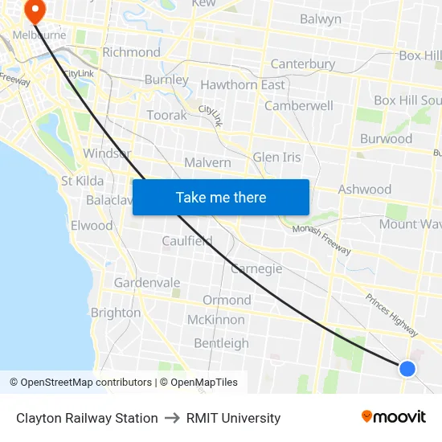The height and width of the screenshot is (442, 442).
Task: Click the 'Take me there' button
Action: [x=221, y=197]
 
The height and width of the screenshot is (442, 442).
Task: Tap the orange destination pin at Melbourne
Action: [x=35, y=10]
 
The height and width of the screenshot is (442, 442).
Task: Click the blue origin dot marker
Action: [x=407, y=368]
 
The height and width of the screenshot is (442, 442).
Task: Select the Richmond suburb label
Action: [x=132, y=52]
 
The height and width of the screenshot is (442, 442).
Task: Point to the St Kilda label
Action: [x=83, y=181]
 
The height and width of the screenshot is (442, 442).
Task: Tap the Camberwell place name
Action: [x=298, y=105]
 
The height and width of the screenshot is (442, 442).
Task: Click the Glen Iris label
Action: [x=276, y=158]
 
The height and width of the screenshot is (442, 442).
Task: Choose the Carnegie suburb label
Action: [x=256, y=268]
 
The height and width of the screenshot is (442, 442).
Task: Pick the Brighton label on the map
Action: [x=116, y=313]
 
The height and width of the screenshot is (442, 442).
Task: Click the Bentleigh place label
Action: [x=222, y=343]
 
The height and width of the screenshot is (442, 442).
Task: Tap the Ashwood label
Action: [x=365, y=190]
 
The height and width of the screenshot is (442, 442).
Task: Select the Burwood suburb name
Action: [x=386, y=138]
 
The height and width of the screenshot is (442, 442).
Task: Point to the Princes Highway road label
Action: [x=391, y=314]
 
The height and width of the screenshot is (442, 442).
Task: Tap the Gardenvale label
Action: [x=147, y=283]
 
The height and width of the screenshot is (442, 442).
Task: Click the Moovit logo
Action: [x=394, y=416]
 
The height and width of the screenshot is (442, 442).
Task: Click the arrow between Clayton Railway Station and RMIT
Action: [x=172, y=418]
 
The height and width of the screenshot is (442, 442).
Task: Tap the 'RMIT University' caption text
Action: [x=233, y=418]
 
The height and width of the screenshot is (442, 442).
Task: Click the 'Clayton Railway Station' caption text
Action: [x=87, y=418]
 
